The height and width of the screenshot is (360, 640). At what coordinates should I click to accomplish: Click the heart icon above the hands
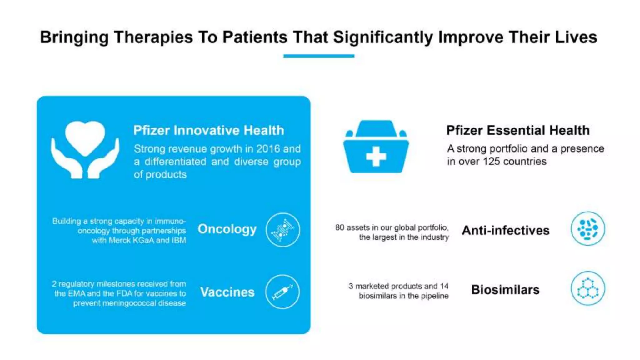[x=85, y=137]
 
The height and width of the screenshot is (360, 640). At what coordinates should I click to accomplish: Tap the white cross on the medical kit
[x=376, y=156]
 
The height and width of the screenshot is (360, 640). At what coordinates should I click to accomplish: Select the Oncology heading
[x=227, y=229]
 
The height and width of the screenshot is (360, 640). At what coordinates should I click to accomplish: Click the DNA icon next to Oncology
[x=283, y=230]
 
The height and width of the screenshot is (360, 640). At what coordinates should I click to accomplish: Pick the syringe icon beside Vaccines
[x=282, y=292]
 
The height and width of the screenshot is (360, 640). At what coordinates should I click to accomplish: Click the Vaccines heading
[x=227, y=292]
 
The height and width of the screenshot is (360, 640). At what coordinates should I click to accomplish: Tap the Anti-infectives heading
[x=506, y=231]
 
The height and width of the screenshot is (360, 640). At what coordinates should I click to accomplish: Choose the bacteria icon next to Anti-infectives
[x=588, y=229]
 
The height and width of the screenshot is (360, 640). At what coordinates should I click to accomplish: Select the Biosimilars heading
[x=505, y=290]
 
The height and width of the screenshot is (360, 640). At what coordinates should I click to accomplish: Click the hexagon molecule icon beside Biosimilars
[x=588, y=288]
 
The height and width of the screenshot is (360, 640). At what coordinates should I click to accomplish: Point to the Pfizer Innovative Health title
[x=209, y=130]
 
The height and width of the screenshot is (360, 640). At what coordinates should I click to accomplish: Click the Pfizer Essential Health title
[x=518, y=130]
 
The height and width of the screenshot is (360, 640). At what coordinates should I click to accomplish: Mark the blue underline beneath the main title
[x=319, y=56]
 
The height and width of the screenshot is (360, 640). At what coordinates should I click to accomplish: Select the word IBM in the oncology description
[x=178, y=240]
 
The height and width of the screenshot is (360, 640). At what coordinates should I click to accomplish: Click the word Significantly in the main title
[x=383, y=37]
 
